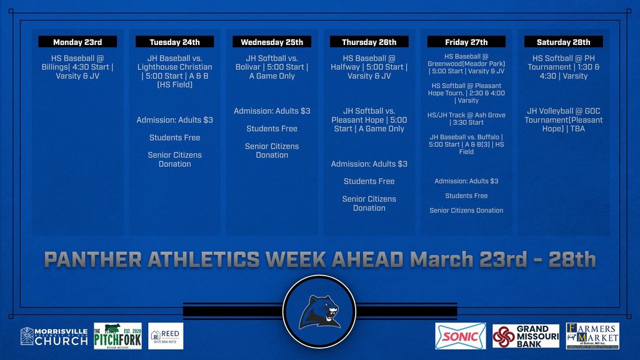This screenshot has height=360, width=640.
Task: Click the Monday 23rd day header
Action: (x=77, y=42)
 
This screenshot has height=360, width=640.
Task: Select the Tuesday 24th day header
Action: (x=174, y=42)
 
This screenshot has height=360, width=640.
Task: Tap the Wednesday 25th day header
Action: (x=272, y=42)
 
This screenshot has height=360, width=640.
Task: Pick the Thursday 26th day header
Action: (x=369, y=42)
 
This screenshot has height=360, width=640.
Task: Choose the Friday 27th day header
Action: (x=466, y=42)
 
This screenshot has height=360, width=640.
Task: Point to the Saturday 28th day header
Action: (x=563, y=42)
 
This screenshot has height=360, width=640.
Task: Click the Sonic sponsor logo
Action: (x=461, y=336)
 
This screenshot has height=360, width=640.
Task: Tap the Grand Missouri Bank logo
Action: (x=526, y=336)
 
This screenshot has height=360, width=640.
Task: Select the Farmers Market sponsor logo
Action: (x=592, y=336)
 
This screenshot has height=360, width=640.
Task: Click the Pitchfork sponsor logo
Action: (x=117, y=336)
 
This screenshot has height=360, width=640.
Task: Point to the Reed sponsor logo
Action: (x=166, y=336)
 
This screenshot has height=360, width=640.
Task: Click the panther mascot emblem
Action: (x=319, y=311)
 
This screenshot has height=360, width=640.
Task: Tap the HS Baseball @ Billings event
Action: (x=77, y=67)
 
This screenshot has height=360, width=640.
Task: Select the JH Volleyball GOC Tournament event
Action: (x=563, y=120)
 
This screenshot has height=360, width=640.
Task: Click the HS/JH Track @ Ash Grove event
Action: (x=466, y=119)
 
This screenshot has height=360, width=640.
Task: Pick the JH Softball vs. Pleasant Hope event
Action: (x=369, y=120)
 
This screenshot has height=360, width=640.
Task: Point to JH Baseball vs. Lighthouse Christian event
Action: (x=174, y=71)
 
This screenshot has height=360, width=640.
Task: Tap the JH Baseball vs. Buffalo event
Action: (x=466, y=144)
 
